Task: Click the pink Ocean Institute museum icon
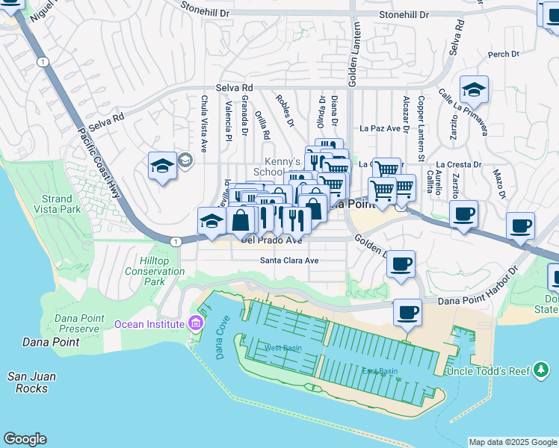[x=196, y=323]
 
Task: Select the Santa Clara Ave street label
[x=289, y=261]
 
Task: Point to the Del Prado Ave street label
[x=271, y=240]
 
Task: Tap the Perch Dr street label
[x=503, y=55]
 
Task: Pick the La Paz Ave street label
[x=380, y=128]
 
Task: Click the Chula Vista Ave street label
[x=204, y=116]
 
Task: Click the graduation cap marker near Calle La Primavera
[x=474, y=90]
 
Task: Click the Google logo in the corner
[x=25, y=439]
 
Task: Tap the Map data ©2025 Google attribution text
[x=512, y=442]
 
